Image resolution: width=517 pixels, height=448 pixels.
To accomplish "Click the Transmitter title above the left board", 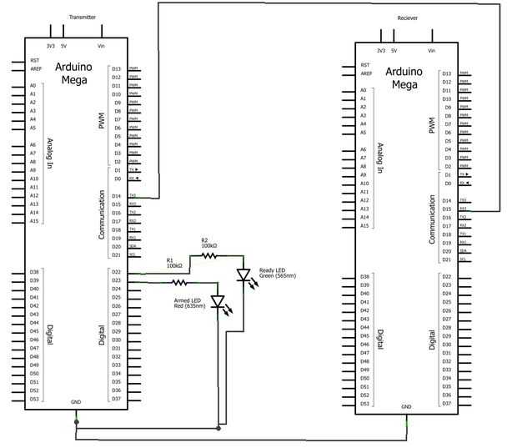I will click(x=82, y=17).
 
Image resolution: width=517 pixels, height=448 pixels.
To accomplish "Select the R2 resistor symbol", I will click(x=209, y=256).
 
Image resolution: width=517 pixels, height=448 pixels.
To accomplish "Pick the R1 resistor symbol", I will click(x=180, y=284).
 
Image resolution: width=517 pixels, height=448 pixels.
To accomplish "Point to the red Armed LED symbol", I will click(x=218, y=302).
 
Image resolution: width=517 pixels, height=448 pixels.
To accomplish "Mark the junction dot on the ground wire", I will click(x=218, y=429).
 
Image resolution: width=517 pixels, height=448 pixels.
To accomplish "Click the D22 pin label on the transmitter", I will click(x=116, y=272).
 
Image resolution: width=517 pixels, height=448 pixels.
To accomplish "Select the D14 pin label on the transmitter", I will click(x=116, y=196).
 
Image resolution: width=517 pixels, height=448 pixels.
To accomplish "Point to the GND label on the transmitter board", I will click(x=76, y=402).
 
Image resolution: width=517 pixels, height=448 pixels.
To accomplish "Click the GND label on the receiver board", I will click(x=406, y=407).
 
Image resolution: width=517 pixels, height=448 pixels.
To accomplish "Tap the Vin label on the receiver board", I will click(x=432, y=50).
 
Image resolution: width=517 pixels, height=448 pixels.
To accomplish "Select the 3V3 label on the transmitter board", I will click(x=51, y=46).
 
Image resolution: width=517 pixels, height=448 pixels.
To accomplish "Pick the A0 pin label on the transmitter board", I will click(x=33, y=85).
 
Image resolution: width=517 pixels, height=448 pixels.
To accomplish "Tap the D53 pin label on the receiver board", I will click(x=364, y=403).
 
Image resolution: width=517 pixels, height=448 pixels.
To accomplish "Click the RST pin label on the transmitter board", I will click(x=34, y=60).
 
